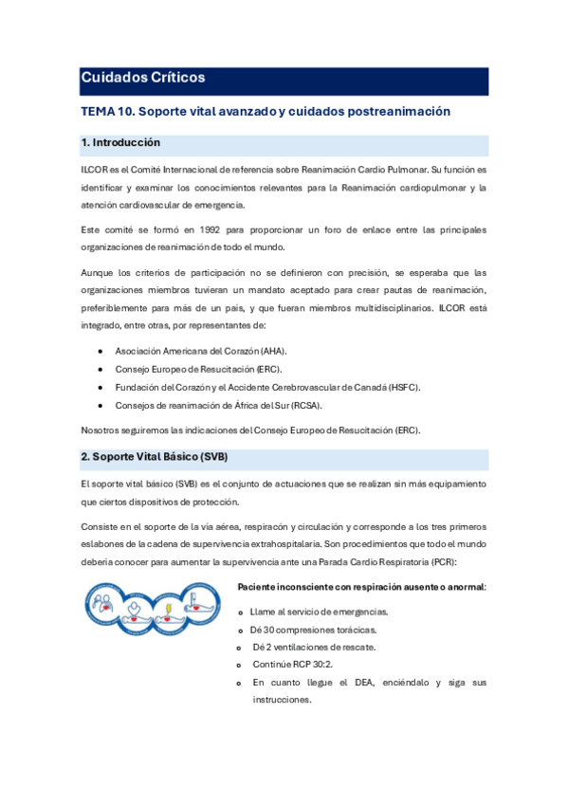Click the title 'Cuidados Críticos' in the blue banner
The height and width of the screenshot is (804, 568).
tap(142, 78)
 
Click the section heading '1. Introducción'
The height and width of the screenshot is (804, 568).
tap(120, 143)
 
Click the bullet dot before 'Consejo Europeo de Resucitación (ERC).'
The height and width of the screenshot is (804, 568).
tap(101, 369)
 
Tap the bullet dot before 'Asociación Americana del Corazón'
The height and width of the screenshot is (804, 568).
tap(101, 351)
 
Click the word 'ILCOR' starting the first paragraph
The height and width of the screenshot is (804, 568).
tap(93, 170)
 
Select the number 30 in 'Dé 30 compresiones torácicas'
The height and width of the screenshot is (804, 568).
tap(268, 630)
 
